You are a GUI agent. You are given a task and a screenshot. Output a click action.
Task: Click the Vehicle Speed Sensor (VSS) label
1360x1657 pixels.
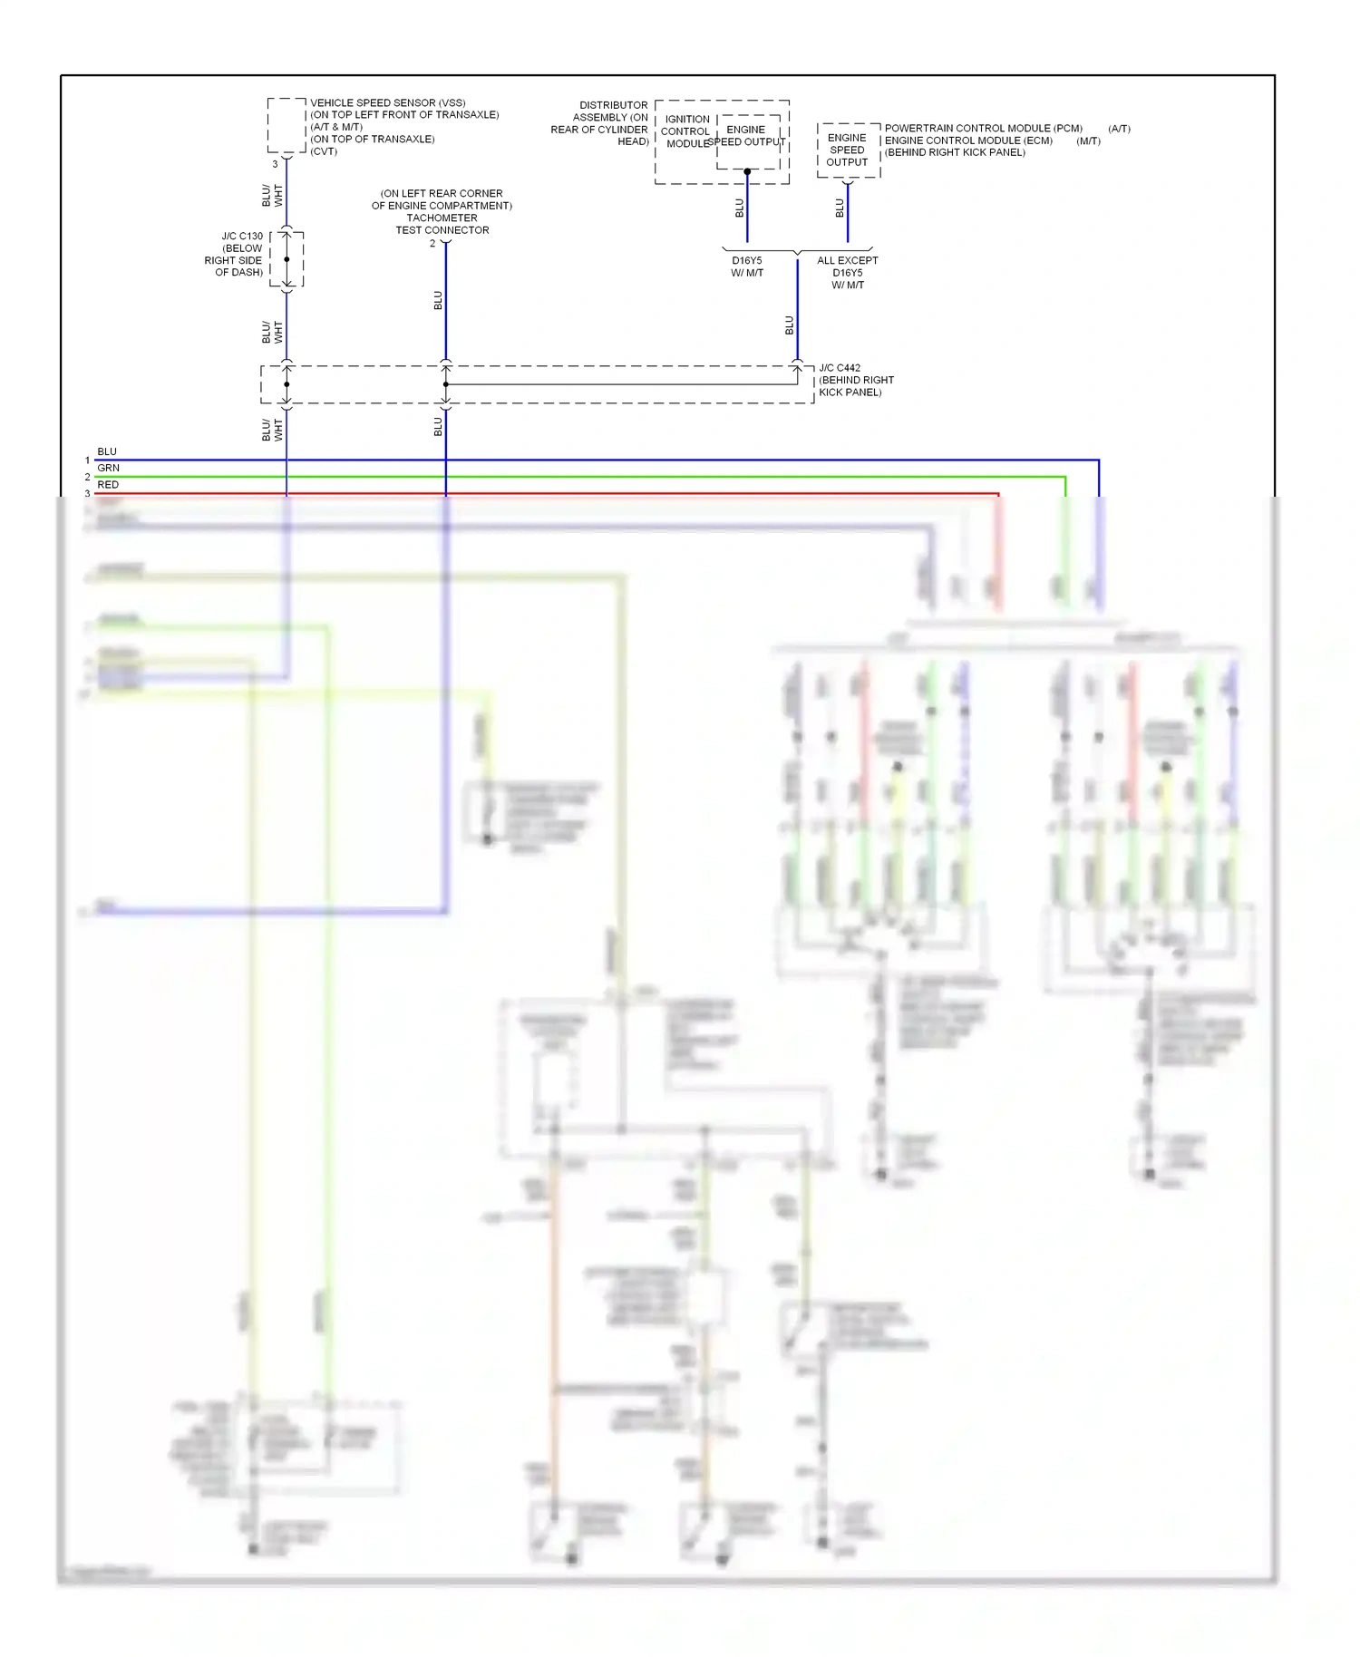pyautogui.click(x=387, y=103)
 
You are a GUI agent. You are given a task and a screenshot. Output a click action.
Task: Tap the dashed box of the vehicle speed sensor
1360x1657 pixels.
pyautogui.click(x=287, y=125)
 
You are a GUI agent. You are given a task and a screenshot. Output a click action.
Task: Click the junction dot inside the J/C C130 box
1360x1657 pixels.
pyautogui.click(x=287, y=259)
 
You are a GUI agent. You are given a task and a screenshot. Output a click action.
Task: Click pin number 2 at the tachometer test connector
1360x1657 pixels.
pyautogui.click(x=432, y=244)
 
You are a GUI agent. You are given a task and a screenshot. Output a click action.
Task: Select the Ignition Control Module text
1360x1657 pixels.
pyautogui.click(x=685, y=131)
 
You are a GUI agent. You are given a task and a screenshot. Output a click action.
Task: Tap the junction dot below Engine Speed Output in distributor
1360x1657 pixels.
pyautogui.click(x=747, y=171)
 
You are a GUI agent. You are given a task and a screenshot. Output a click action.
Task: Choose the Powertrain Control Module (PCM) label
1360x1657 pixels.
pyautogui.click(x=983, y=129)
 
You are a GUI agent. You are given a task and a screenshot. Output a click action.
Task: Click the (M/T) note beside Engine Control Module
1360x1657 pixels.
pyautogui.click(x=1088, y=141)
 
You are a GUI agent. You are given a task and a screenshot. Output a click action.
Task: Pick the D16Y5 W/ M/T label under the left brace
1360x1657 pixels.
pyautogui.click(x=747, y=266)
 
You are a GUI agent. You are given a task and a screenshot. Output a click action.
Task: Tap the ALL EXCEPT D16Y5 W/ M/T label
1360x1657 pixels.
pyautogui.click(x=847, y=272)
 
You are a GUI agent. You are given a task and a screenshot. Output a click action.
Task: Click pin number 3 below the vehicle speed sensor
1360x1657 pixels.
pyautogui.click(x=275, y=164)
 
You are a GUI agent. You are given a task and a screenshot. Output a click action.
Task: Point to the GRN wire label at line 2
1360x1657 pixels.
pyautogui.click(x=108, y=468)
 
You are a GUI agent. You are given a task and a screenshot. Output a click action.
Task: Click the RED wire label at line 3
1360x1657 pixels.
pyautogui.click(x=108, y=485)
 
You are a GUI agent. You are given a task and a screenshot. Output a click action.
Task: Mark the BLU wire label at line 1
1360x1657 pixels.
pyautogui.click(x=107, y=451)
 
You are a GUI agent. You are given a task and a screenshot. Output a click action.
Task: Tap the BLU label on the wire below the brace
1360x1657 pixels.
pyautogui.click(x=789, y=325)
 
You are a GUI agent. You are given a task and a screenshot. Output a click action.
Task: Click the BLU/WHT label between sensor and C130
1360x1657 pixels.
pyautogui.click(x=272, y=195)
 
